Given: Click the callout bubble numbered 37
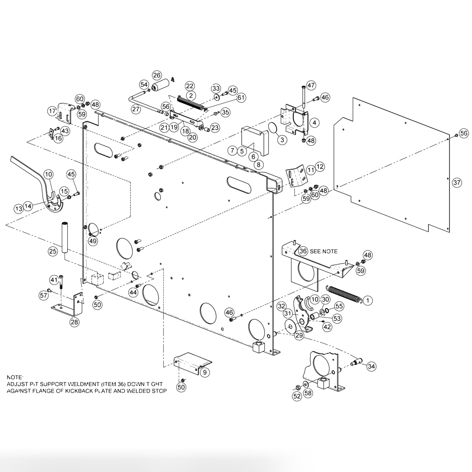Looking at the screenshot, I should [457, 183].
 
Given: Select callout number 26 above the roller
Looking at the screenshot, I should [157, 75].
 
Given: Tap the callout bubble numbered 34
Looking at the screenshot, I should [371, 366].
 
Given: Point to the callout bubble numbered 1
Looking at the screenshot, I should [368, 300].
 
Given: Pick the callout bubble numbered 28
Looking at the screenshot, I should [74, 322].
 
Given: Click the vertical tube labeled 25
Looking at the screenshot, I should [65, 238].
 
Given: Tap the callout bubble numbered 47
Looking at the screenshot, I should [312, 85].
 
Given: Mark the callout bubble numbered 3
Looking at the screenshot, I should [282, 140].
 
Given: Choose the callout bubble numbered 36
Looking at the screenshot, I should [303, 251].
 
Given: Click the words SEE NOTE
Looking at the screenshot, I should [324, 251].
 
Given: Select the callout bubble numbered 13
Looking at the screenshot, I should [18, 208].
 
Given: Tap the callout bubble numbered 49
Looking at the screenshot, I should [93, 241].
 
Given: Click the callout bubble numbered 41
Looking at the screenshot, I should [54, 279].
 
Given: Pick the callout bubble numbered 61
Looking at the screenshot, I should [241, 98].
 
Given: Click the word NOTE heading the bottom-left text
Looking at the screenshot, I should [15, 377].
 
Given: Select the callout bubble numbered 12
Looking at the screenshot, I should [320, 167].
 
